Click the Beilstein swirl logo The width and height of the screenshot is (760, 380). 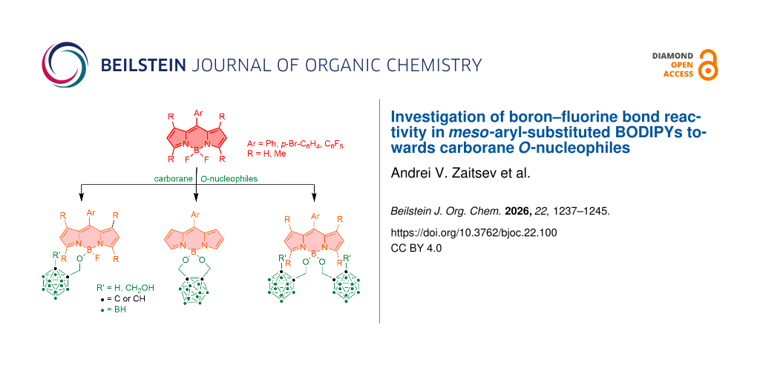[65, 65]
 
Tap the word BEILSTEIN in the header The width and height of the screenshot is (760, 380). [142, 65]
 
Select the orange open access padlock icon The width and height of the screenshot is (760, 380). [708, 65]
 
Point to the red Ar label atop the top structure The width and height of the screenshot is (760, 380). [197, 113]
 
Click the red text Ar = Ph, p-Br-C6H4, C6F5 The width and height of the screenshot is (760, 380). [295, 145]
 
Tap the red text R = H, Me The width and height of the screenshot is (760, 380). [266, 154]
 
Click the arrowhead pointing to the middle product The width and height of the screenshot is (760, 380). [196, 197]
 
